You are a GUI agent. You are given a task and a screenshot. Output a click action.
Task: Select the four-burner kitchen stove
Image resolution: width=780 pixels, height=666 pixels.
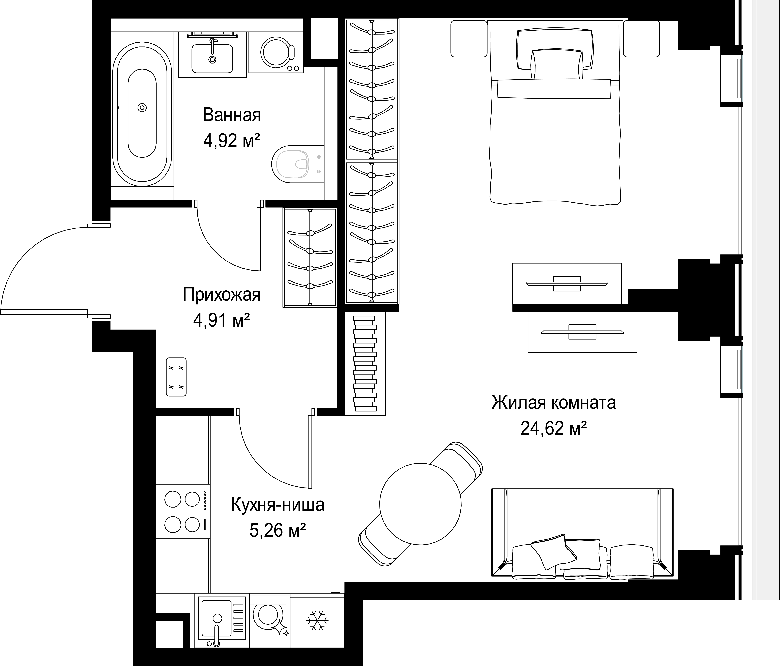(183, 511)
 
